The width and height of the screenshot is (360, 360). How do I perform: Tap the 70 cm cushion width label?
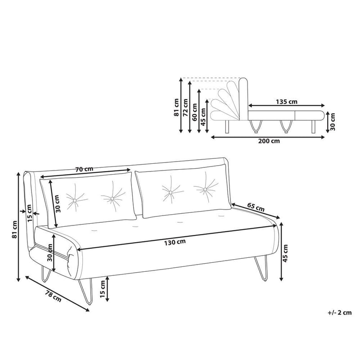[x=84, y=170]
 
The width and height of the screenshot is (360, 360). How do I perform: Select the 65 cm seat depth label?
[x=256, y=208]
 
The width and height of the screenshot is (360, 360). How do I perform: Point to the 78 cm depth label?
[x=54, y=296]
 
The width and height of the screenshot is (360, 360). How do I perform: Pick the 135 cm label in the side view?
[x=287, y=101]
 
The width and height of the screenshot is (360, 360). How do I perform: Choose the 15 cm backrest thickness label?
[x=29, y=211]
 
